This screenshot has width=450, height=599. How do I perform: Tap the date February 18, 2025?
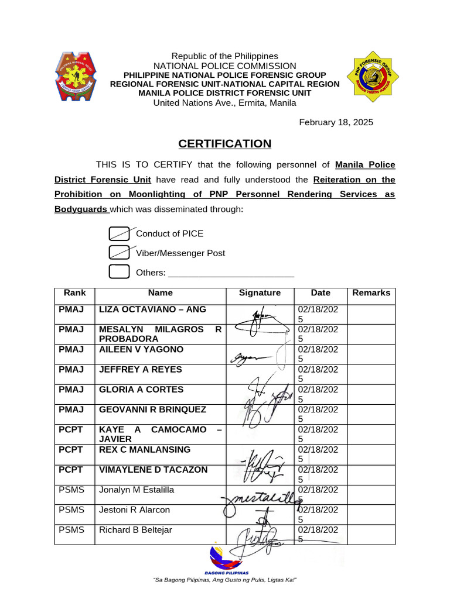pyautogui.click(x=336, y=122)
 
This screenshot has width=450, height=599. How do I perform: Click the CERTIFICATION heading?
pyautogui.click(x=225, y=144)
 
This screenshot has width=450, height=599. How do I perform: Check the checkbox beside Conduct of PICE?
pyautogui.click(x=119, y=233)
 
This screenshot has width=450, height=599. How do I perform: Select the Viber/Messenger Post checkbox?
pyautogui.click(x=119, y=253)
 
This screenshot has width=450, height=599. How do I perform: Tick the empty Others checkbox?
pyautogui.click(x=119, y=272)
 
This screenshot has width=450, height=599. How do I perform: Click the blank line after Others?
pyautogui.click(x=231, y=273)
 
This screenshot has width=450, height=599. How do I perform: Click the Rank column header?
pyautogui.click(x=74, y=293)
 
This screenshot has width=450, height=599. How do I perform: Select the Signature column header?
pyautogui.click(x=260, y=293)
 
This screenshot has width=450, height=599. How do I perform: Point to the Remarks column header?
pyautogui.click(x=371, y=293)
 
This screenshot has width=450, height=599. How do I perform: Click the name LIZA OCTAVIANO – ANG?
pyautogui.click(x=152, y=309)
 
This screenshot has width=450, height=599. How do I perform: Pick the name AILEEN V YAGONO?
pyautogui.click(x=141, y=349)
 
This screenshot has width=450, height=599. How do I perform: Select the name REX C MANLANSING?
pyautogui.click(x=145, y=449)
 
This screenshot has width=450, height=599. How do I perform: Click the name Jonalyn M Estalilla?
pyautogui.click(x=137, y=490)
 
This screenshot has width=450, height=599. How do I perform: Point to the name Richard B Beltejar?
pyautogui.click(x=135, y=530)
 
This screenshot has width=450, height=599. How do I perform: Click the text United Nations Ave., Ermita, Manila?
pyautogui.click(x=224, y=103)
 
